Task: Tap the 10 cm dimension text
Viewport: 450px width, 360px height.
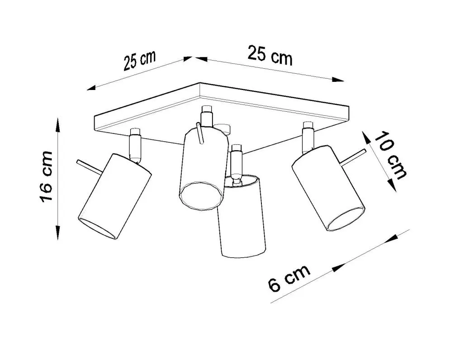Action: click(x=390, y=155)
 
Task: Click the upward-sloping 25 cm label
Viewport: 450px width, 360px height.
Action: click(x=140, y=61)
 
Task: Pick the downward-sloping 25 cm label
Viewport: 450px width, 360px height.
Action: click(x=270, y=55)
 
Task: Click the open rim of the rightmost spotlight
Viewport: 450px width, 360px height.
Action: click(x=346, y=219)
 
